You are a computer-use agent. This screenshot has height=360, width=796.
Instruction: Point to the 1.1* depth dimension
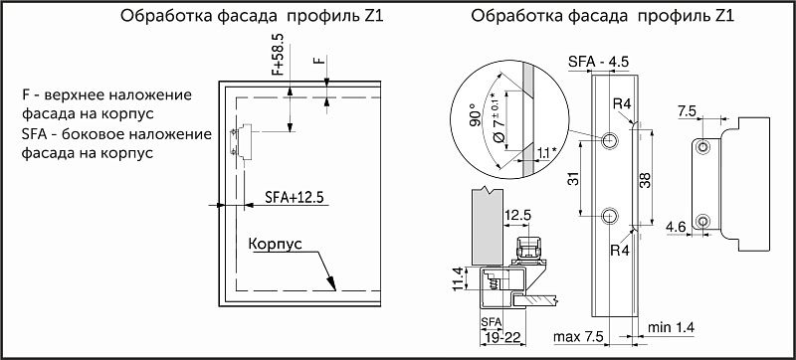pyautogui.click(x=544, y=154)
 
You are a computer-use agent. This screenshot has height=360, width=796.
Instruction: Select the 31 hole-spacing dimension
pyautogui.click(x=570, y=179)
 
